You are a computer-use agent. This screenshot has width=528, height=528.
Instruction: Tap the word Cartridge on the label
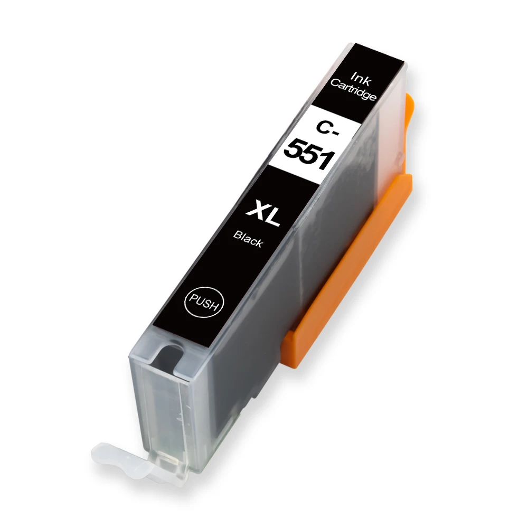click(353, 90)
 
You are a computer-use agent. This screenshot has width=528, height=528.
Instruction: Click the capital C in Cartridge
click(333, 83)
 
